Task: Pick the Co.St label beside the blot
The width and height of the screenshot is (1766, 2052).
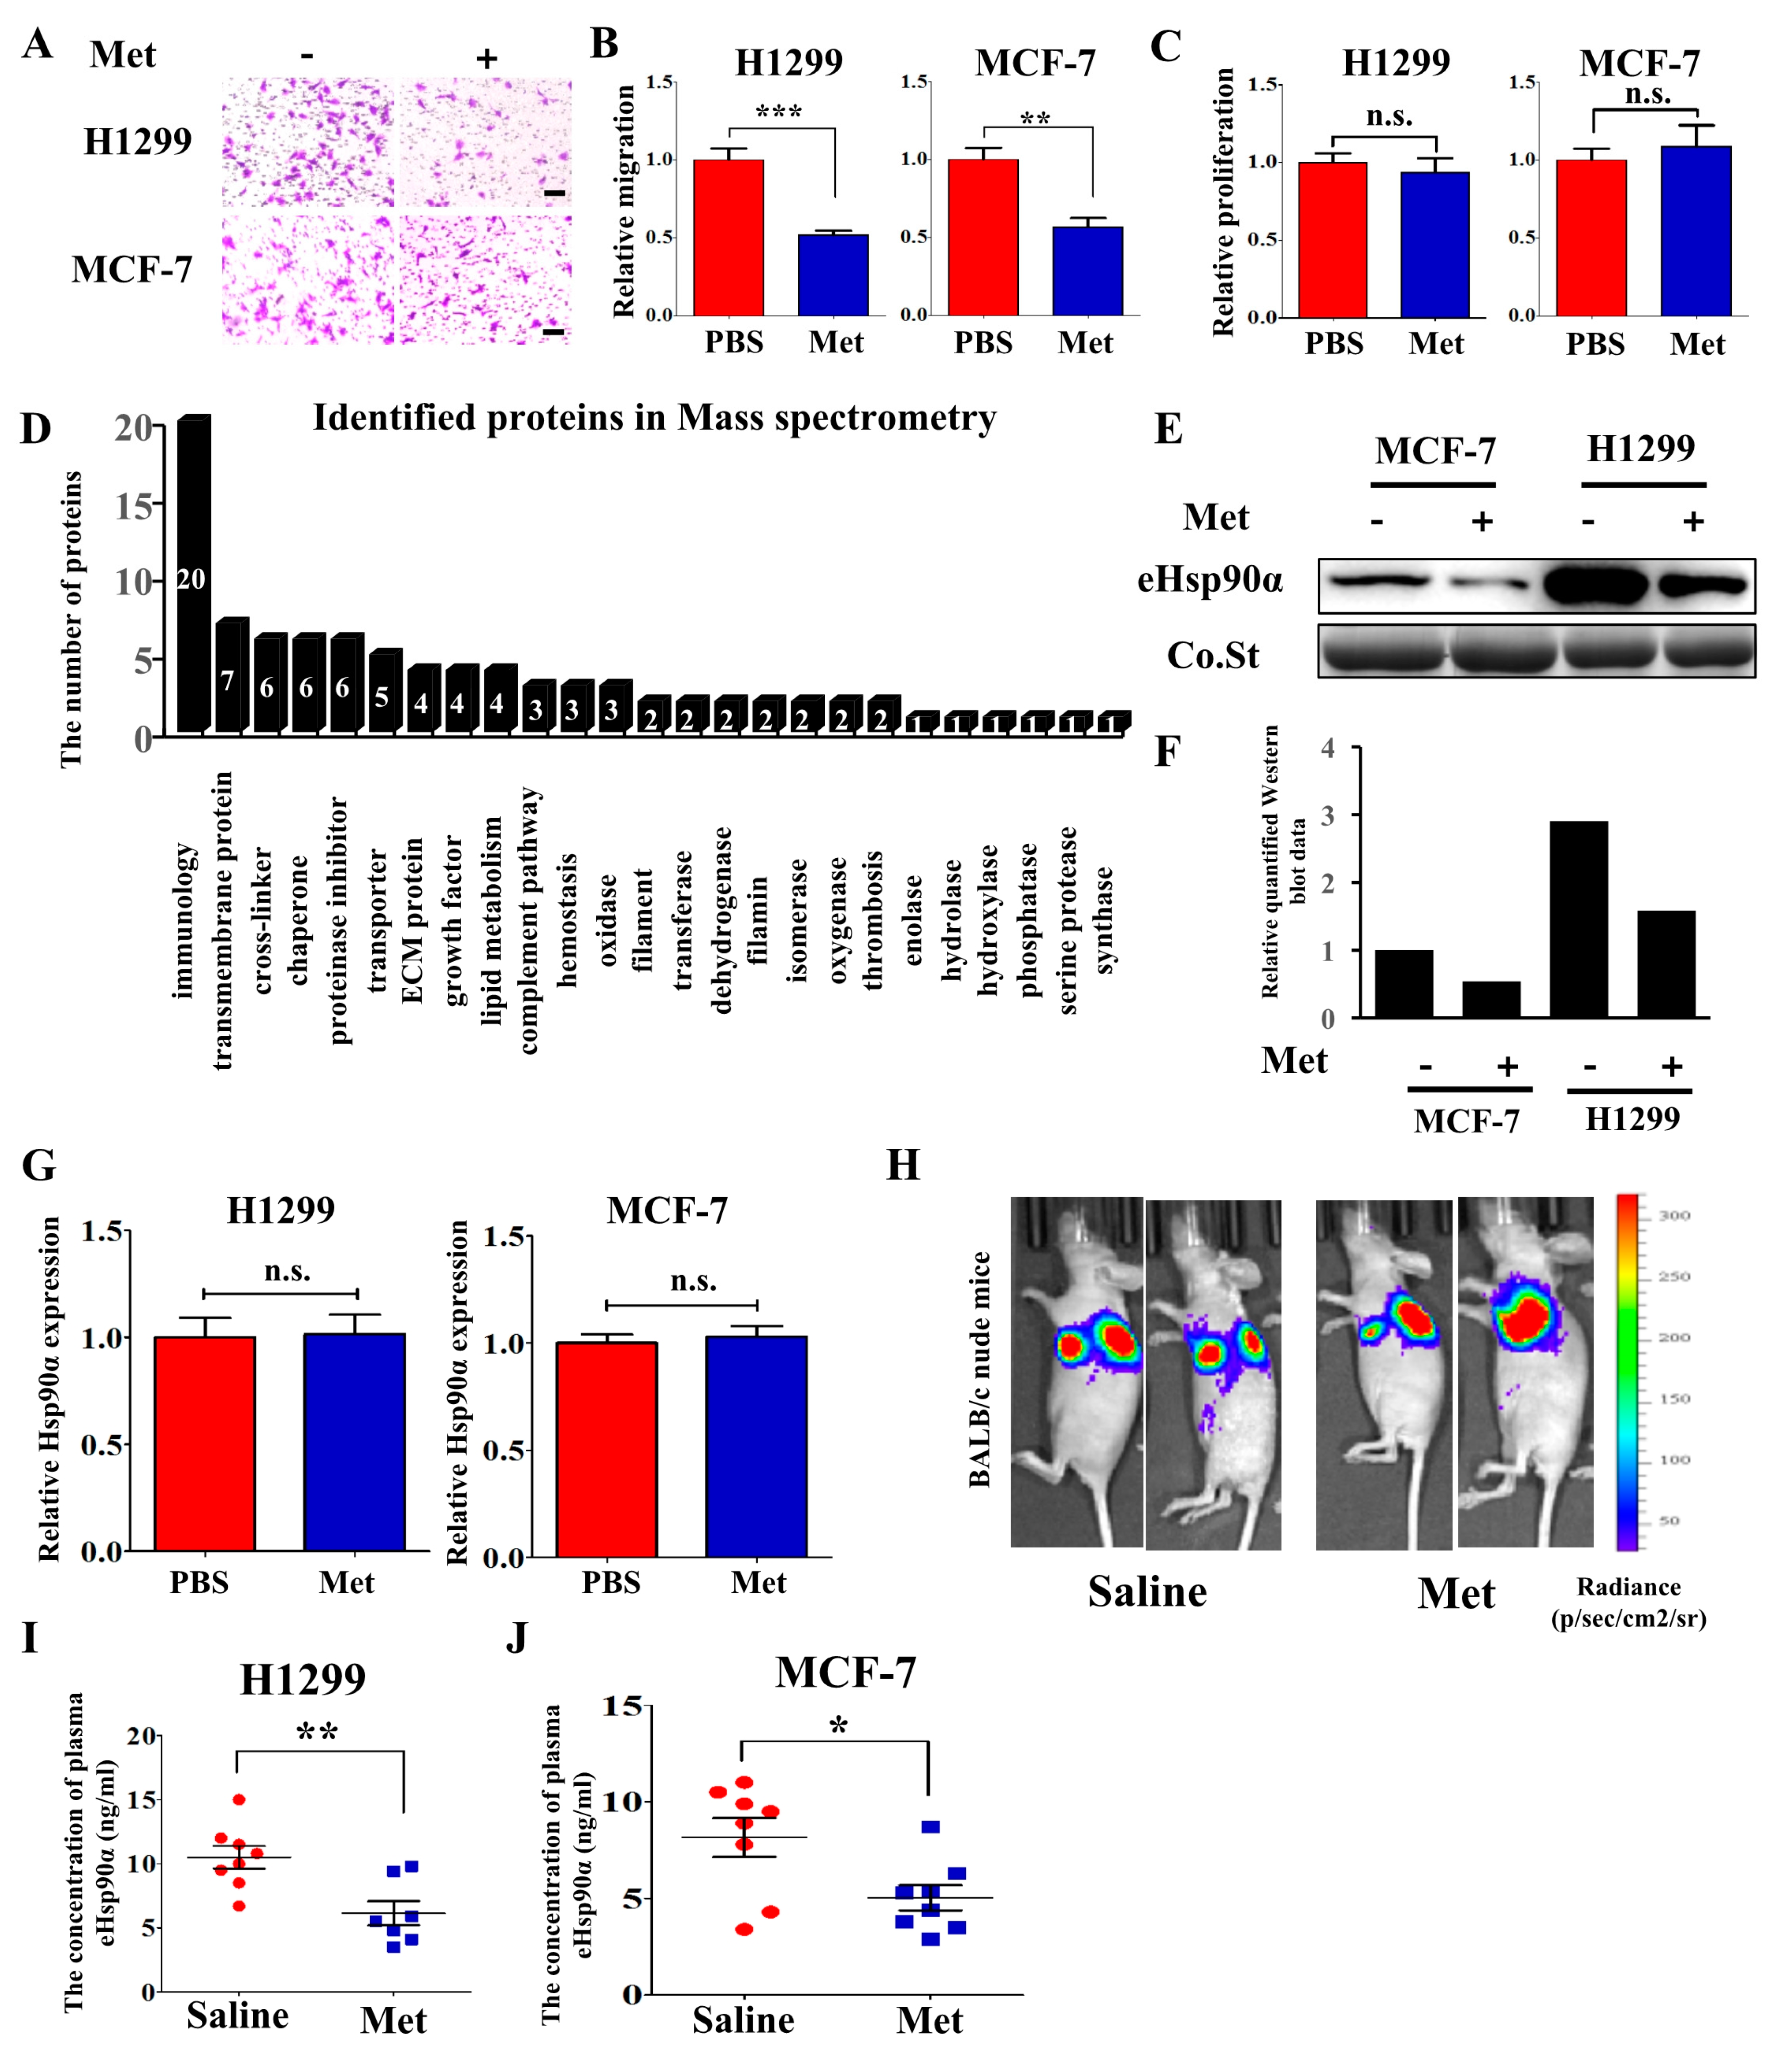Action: tap(1212, 656)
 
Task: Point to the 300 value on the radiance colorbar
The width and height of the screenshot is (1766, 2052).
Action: tap(1674, 1215)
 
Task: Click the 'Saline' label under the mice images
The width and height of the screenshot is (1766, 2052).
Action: tap(1147, 1591)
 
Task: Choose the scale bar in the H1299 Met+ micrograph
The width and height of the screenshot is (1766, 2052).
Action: tap(555, 192)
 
